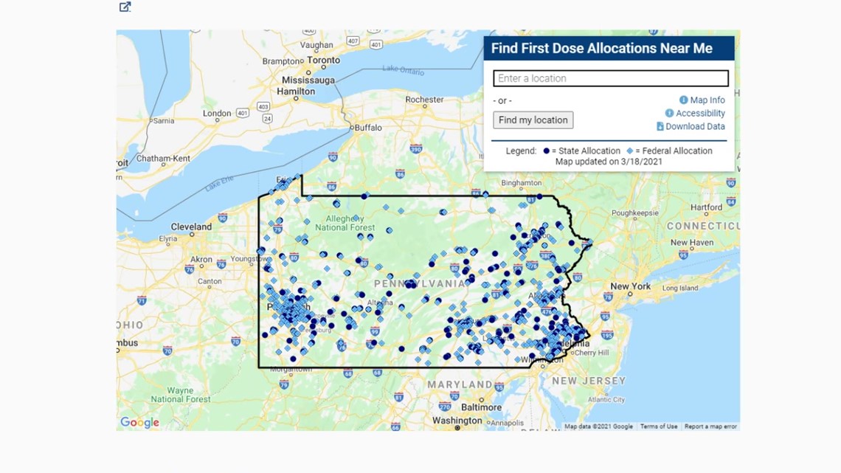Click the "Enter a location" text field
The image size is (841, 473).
[x=610, y=78]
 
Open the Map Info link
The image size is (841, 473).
[x=707, y=100]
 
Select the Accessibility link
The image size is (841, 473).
[x=699, y=114]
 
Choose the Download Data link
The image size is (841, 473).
[x=694, y=127]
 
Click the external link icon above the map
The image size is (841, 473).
[x=125, y=7]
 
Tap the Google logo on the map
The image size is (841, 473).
[x=140, y=422]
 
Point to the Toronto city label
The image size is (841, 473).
[x=323, y=61]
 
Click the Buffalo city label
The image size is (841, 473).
[x=368, y=128]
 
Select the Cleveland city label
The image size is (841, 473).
[x=191, y=227]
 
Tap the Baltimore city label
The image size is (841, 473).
[x=481, y=407]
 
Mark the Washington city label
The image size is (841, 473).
[x=457, y=421]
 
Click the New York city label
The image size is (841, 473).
[x=630, y=286]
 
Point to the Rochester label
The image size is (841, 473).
[x=424, y=100]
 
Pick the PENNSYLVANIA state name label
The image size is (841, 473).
[x=419, y=283]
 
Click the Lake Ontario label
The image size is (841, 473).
[x=403, y=70]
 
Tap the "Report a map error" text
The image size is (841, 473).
[x=710, y=427]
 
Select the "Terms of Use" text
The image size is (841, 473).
[x=658, y=427]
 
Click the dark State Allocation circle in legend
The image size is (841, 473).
[x=547, y=151]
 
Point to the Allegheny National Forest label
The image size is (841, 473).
[x=345, y=223]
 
